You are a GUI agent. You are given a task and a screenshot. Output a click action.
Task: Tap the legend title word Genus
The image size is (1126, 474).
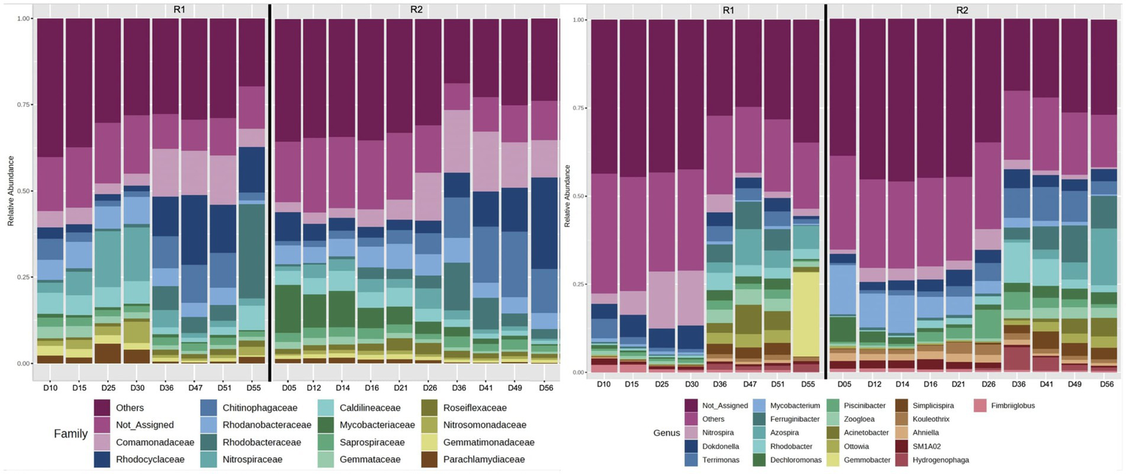[666, 433]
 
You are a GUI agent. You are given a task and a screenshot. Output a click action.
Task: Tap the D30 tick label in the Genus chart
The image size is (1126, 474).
[690, 384]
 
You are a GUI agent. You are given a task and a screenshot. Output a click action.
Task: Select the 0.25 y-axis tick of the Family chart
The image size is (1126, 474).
[24, 277]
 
